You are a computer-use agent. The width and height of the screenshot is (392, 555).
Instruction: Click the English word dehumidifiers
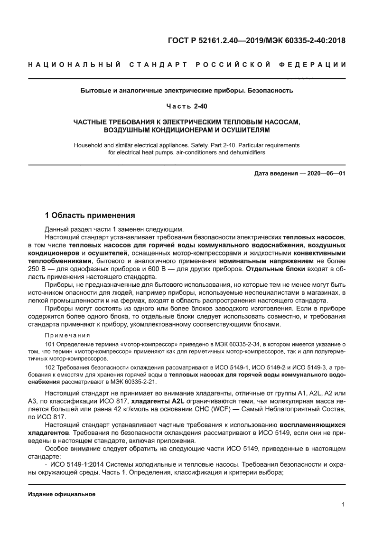[x=245, y=152]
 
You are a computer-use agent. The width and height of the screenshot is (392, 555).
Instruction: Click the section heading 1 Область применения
[x=90, y=215]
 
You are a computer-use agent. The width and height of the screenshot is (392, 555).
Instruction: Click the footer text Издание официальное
[x=62, y=494]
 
